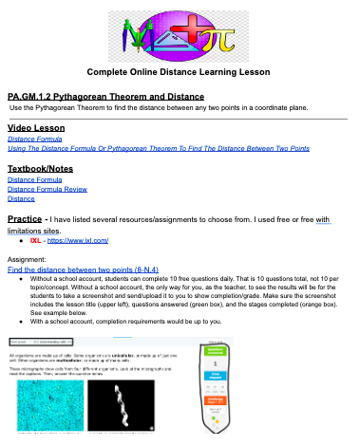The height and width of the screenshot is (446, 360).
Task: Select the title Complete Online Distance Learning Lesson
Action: (x=179, y=72)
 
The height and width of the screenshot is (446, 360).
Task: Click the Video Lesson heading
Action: (x=36, y=127)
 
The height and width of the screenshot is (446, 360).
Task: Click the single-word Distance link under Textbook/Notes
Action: (x=21, y=198)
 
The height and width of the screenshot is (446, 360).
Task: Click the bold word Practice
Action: (x=28, y=220)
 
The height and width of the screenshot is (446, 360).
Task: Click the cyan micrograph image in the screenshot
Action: (x=55, y=417)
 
